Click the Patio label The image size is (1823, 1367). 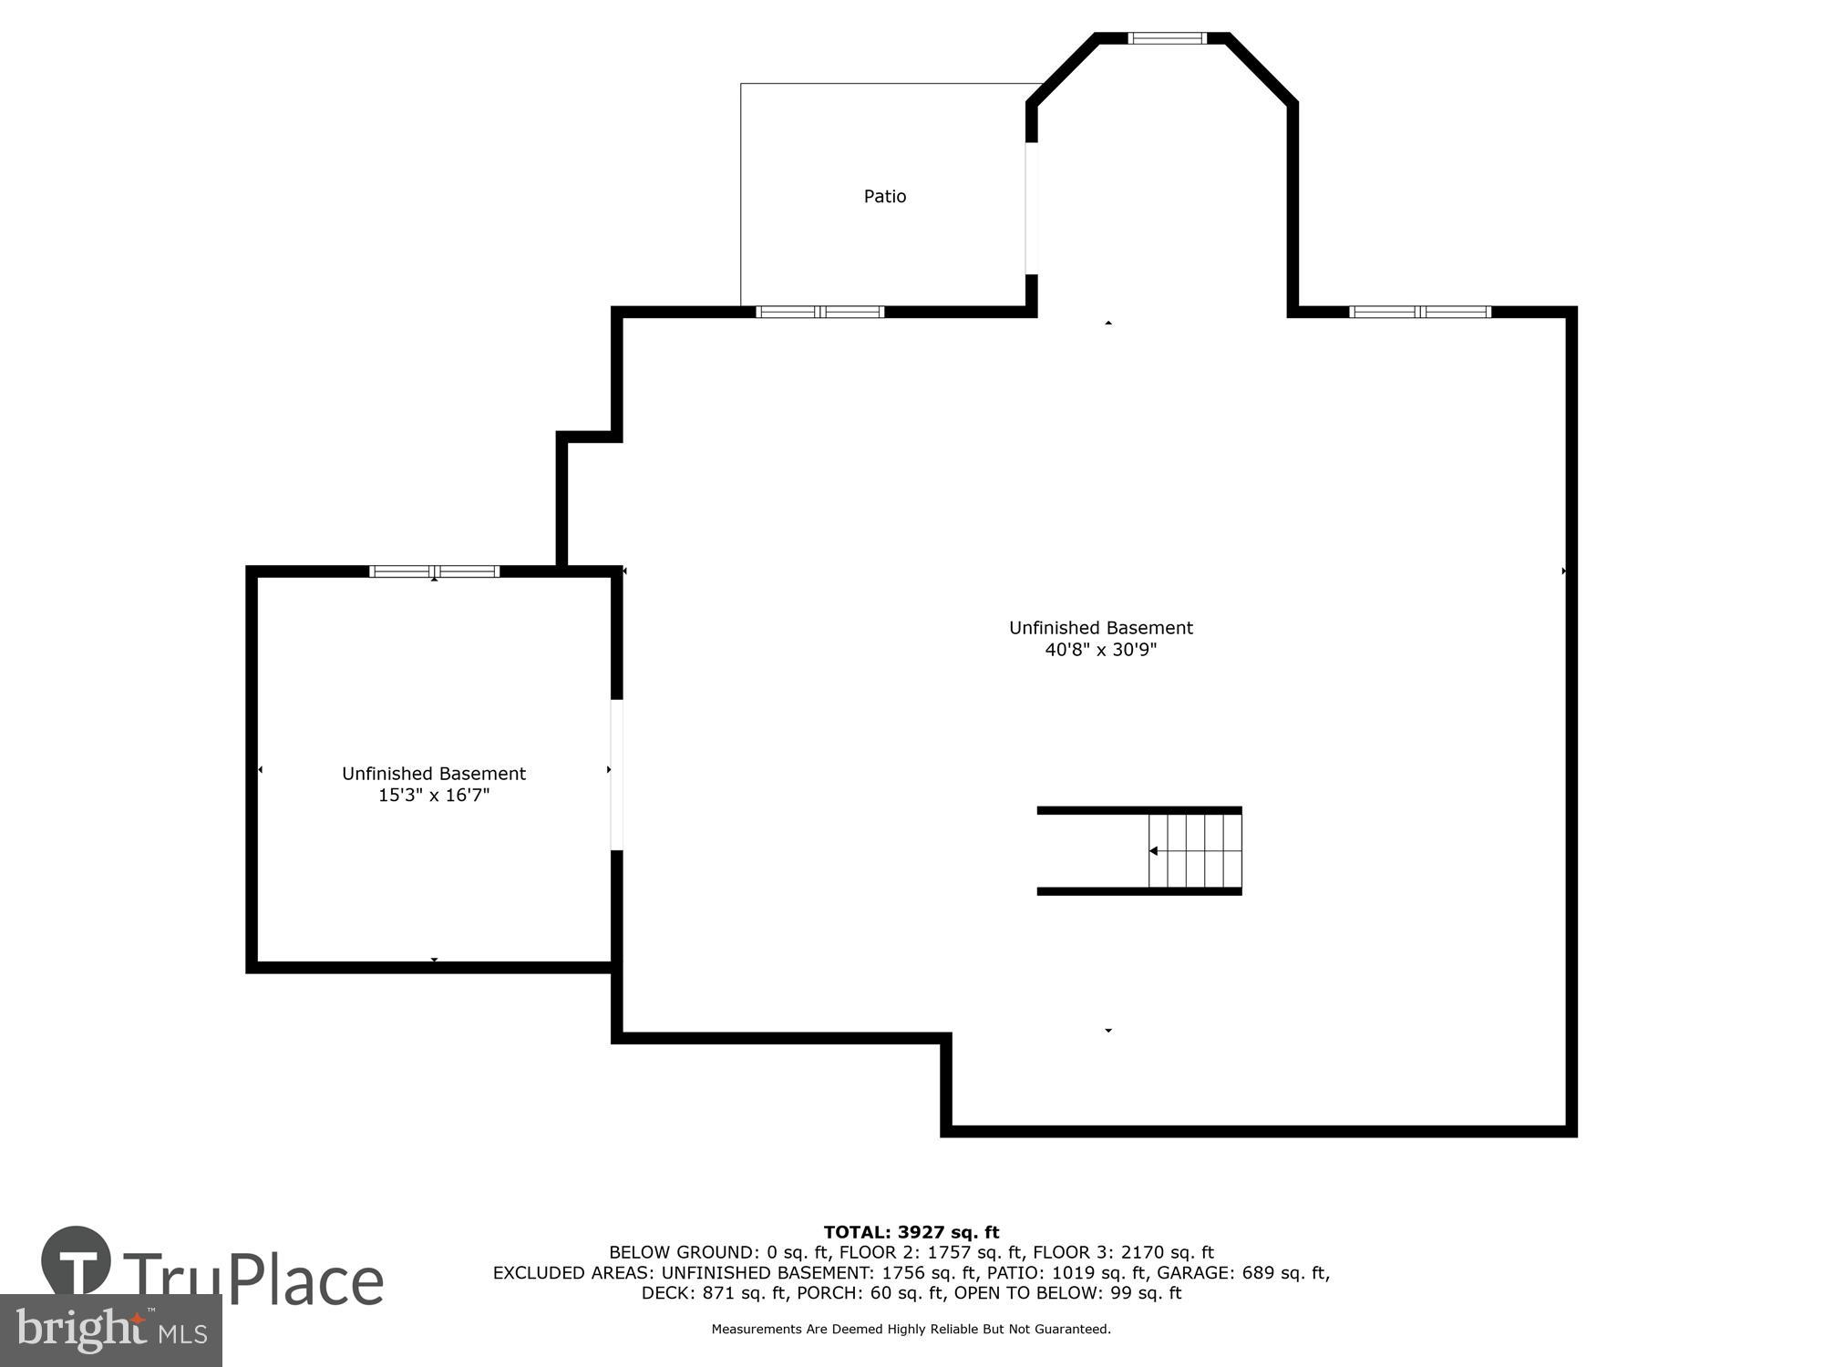[x=884, y=196]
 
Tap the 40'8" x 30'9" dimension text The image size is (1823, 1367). [x=1100, y=650]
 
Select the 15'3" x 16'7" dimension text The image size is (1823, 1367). [x=434, y=796]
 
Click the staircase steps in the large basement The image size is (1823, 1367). [x=1194, y=850]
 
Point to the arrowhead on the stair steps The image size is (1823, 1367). [x=1153, y=851]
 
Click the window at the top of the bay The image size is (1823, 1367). [x=1167, y=38]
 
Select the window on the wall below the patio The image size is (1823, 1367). [x=819, y=312]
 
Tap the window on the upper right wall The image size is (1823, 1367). [x=1419, y=312]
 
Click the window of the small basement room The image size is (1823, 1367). [x=434, y=571]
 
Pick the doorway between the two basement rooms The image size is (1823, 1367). [x=616, y=775]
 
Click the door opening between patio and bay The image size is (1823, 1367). [x=1032, y=208]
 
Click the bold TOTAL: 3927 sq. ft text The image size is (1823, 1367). [x=911, y=1233]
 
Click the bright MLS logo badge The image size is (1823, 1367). [x=110, y=1331]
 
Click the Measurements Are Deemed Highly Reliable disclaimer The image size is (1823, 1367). [x=911, y=1329]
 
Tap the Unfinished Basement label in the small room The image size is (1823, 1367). [x=434, y=774]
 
